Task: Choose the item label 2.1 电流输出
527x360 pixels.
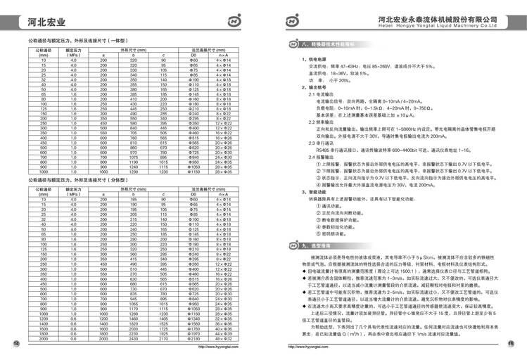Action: click(313, 94)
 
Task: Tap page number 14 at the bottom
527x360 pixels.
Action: click(18, 342)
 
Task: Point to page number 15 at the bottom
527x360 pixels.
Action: click(512, 342)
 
